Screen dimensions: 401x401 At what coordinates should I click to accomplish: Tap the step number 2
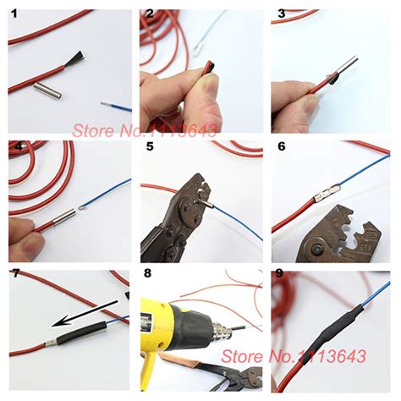149,14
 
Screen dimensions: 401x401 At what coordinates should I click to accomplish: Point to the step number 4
15,146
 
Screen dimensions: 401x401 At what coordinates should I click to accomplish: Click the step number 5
149,146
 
